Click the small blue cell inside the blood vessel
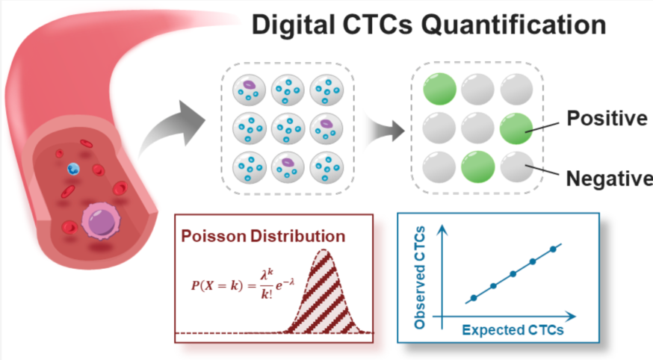coord(72,169)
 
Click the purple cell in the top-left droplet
coord(250,86)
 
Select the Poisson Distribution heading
coord(263,237)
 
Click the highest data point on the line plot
coord(553,249)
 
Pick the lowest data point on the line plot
coord(474,298)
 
